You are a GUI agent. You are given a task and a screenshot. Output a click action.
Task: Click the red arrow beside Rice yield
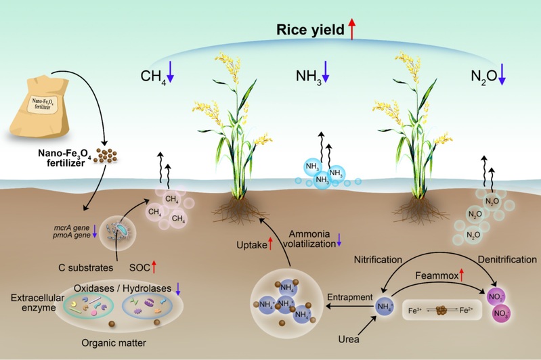click(x=352, y=29)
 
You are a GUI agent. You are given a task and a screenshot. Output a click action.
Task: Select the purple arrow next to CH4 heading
click(x=171, y=72)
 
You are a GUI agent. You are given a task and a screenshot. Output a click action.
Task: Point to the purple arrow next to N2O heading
click(x=502, y=72)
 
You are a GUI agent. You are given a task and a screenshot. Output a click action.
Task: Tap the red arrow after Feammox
click(x=462, y=274)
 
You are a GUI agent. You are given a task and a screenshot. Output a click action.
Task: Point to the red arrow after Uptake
click(x=270, y=244)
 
